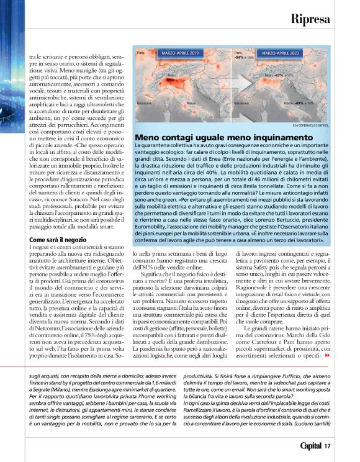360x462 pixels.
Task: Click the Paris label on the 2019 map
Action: click(x=141, y=55)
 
